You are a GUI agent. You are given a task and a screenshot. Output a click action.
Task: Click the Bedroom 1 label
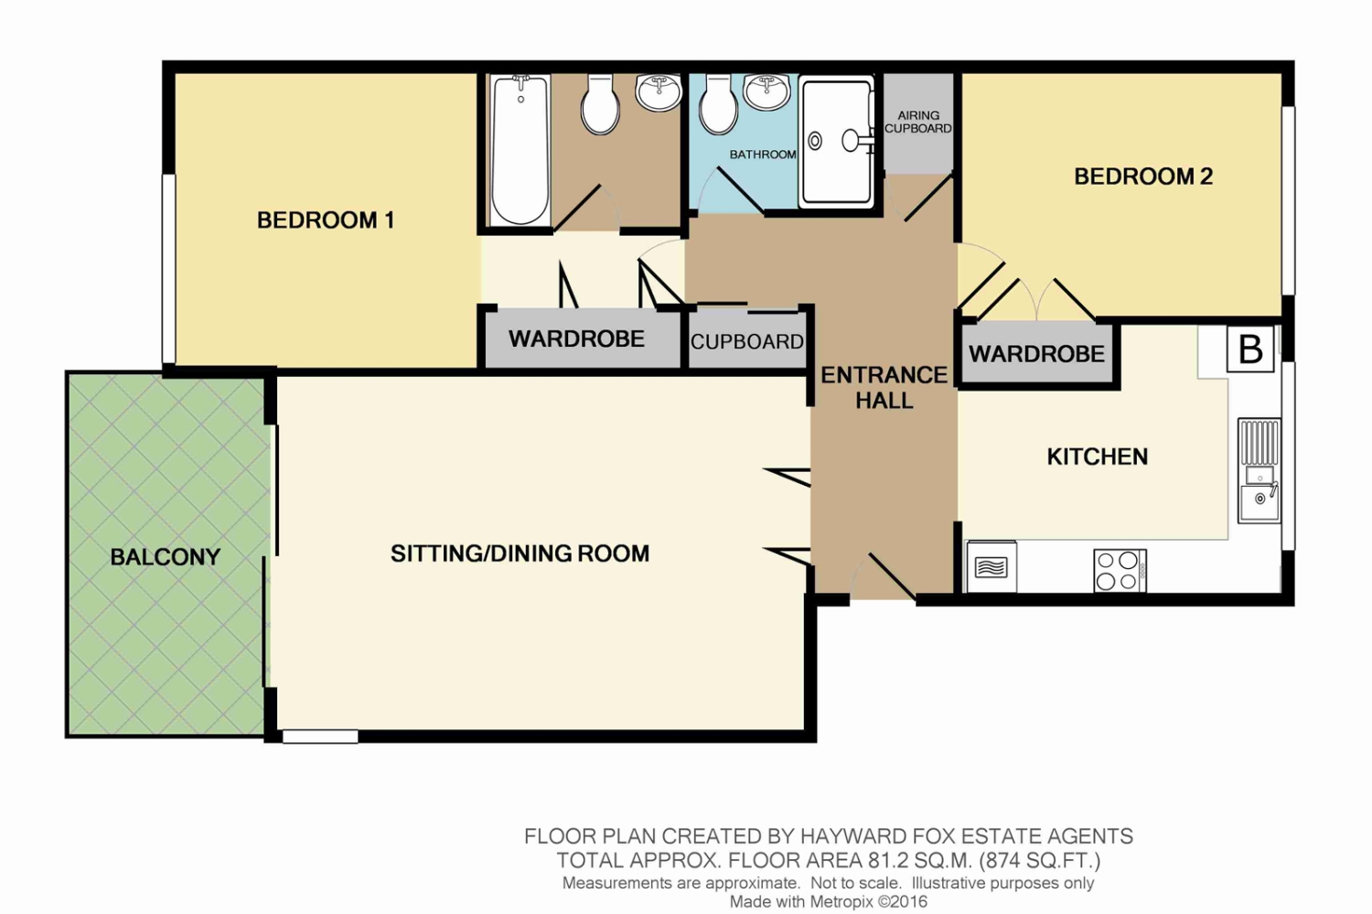(326, 220)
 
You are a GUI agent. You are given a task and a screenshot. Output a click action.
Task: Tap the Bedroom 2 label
(1143, 177)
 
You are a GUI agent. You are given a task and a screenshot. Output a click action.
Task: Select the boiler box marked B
(1250, 349)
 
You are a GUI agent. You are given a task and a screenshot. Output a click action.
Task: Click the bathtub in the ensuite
(520, 150)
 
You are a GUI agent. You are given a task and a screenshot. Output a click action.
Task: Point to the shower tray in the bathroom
(836, 142)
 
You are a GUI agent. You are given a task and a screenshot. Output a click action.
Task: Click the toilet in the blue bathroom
(718, 104)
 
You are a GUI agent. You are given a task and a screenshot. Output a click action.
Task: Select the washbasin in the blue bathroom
(766, 91)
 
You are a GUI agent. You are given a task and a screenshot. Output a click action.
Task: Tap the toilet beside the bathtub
(600, 104)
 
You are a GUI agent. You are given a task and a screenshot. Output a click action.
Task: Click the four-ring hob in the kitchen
(1120, 571)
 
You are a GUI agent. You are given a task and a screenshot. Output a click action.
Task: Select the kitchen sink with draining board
(1259, 470)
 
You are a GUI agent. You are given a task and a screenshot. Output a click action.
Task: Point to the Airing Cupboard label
(918, 122)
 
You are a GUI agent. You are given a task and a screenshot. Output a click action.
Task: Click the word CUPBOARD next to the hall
(747, 342)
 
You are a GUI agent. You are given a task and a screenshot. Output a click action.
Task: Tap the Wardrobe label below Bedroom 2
(1036, 354)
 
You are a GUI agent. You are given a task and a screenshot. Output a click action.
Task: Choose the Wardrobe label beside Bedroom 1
(576, 339)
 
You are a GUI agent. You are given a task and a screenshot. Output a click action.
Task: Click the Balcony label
(166, 557)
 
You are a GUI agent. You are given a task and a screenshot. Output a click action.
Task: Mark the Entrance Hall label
(884, 387)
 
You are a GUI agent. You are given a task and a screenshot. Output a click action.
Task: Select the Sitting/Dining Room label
(520, 554)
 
